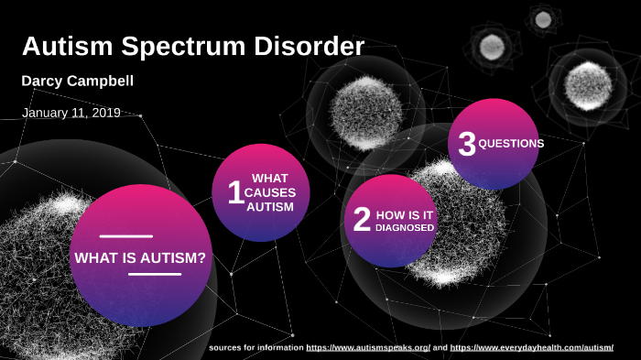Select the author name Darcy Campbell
click(x=78, y=82)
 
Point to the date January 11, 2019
click(x=71, y=113)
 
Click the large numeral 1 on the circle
click(x=235, y=192)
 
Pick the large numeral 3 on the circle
click(x=467, y=145)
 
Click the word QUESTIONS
click(x=511, y=144)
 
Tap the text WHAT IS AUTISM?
click(x=140, y=257)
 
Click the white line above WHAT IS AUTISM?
click(x=126, y=236)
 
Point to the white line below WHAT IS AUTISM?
click(x=155, y=274)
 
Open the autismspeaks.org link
click(x=368, y=348)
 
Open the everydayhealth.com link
click(x=532, y=348)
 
